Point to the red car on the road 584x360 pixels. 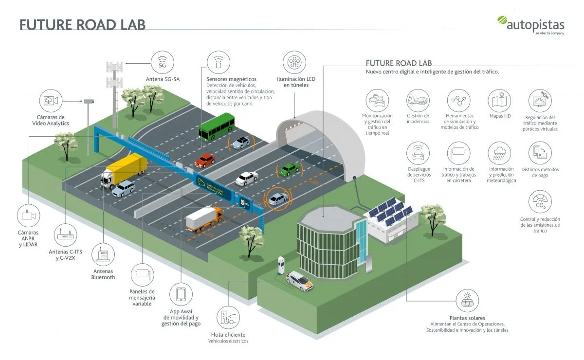tap(204, 160)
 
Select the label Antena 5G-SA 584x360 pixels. tap(163, 79)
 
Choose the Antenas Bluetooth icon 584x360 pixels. tap(103, 255)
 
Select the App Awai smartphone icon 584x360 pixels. tap(181, 295)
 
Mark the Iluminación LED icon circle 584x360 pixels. tap(294, 62)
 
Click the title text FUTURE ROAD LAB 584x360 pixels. tap(82, 24)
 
